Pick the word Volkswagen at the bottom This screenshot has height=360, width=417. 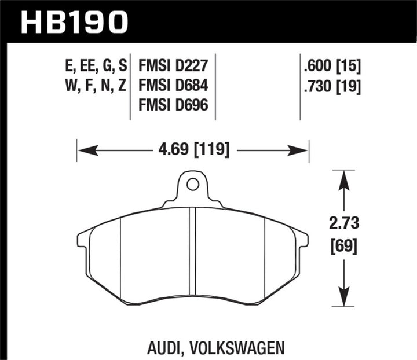237,332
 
